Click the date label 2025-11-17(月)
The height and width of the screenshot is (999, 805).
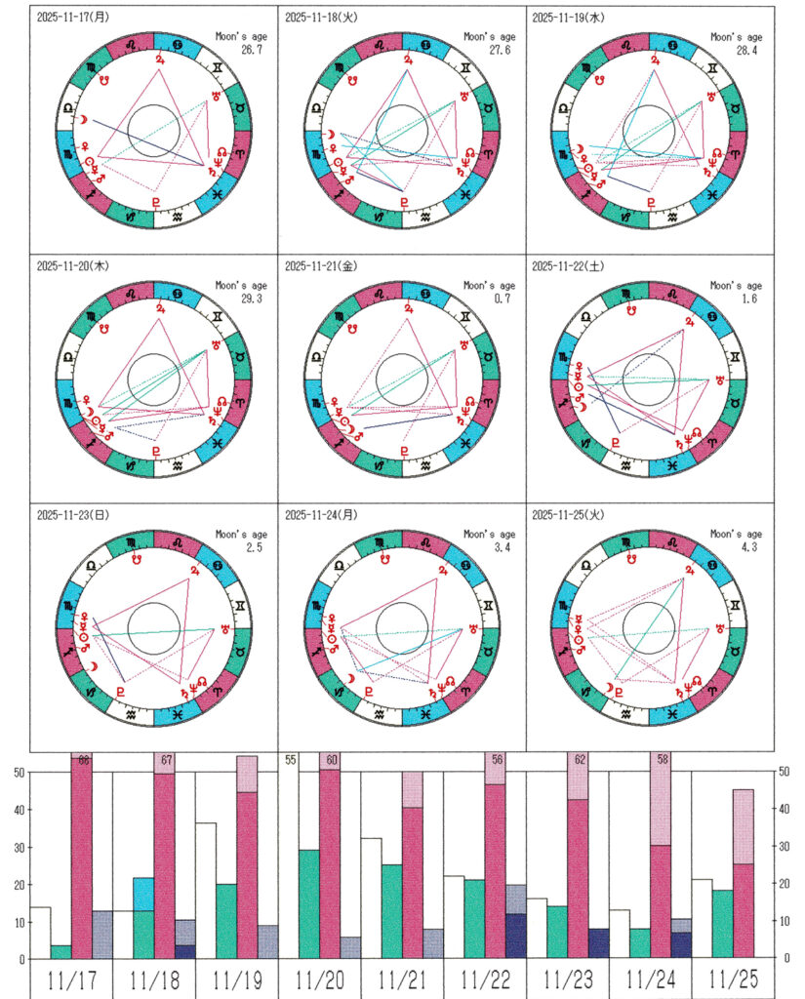point(73,18)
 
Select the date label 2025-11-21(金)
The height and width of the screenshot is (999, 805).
point(321,265)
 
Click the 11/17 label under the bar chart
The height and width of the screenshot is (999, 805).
point(71,979)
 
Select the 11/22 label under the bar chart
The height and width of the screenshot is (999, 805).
point(485,979)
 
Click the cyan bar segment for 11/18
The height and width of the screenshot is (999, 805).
point(143,894)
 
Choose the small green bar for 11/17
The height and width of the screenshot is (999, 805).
point(60,952)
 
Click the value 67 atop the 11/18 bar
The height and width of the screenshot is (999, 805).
point(167,761)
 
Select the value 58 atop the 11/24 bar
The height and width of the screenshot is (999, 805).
point(664,761)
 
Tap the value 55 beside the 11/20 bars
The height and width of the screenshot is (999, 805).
point(291,761)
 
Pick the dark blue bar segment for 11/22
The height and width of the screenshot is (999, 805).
point(516,937)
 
